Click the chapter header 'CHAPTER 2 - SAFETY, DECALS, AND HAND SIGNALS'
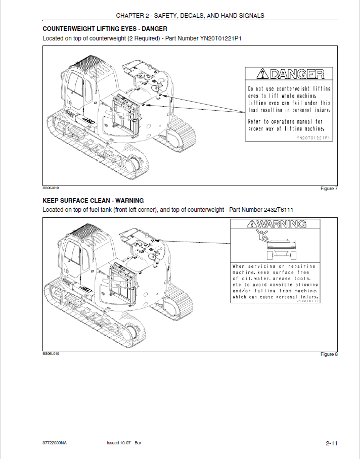click(x=190, y=16)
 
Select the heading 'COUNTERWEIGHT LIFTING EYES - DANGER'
click(x=105, y=29)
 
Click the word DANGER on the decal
click(x=296, y=75)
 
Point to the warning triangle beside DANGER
click(x=262, y=74)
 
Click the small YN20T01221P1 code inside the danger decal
click(x=313, y=137)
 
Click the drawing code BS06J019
click(x=51, y=187)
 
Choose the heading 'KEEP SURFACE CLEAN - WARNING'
click(x=93, y=200)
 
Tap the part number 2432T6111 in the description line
click(x=279, y=210)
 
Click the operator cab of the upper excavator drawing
click(x=76, y=88)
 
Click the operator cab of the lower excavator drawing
click(x=76, y=255)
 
